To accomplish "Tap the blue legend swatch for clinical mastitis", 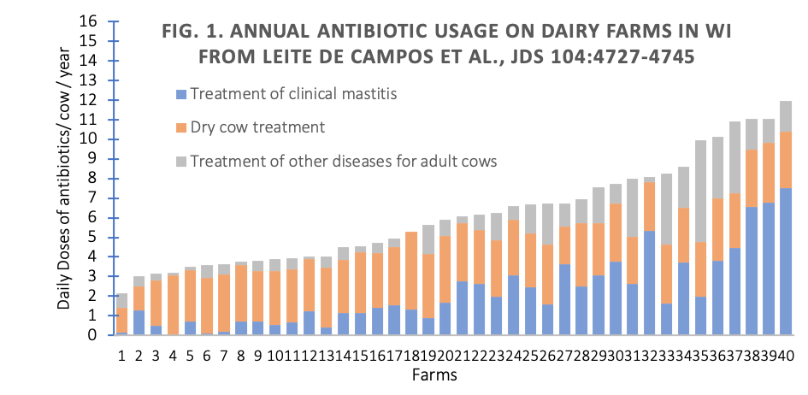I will (x=180, y=94).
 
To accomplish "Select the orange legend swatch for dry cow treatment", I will (x=180, y=127).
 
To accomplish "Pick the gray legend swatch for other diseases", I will (x=180, y=161).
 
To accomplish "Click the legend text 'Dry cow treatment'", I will (x=257, y=127).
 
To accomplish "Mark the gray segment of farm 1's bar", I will (x=122, y=300).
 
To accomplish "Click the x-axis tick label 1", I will (x=122, y=355).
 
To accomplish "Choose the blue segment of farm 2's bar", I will (x=139, y=323).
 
